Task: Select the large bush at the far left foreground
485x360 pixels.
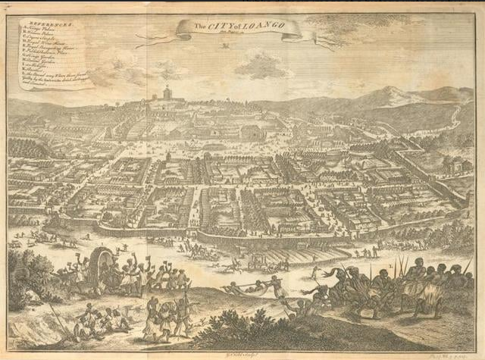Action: (x=23, y=277)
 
